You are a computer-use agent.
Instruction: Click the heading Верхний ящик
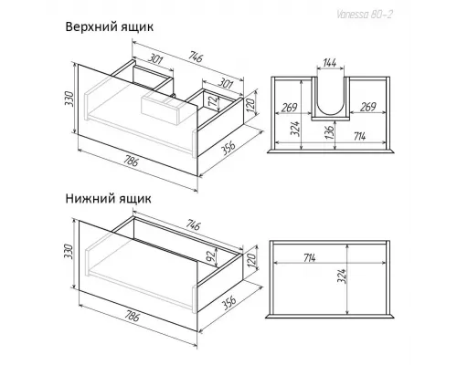[109, 27]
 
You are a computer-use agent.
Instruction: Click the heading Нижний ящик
[108, 199]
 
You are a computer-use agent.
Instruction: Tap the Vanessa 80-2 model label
[365, 15]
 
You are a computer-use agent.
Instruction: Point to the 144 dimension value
[330, 63]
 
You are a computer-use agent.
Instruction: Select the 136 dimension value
[330, 131]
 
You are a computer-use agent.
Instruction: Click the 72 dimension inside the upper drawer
[216, 101]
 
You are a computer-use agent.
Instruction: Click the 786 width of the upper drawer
[131, 162]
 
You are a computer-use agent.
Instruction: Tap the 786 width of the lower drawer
[131, 317]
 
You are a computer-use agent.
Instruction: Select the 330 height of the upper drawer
[69, 99]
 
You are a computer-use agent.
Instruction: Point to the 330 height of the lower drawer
[69, 251]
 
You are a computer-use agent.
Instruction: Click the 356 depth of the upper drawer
[228, 148]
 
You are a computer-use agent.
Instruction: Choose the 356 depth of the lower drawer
[228, 303]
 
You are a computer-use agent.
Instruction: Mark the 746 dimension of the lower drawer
[193, 225]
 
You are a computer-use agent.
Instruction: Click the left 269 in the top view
[289, 108]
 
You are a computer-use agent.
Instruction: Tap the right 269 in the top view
[368, 108]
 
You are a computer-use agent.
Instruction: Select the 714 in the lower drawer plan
[309, 258]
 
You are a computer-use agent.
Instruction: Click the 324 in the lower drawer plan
[342, 276]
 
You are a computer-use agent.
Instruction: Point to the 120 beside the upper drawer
[250, 105]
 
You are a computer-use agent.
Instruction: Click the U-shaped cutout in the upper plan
[330, 117]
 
